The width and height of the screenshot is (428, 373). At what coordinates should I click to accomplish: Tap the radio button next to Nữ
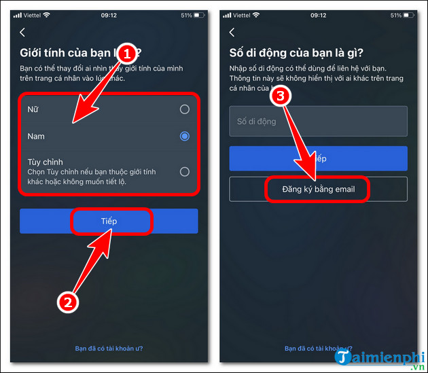[x=184, y=109]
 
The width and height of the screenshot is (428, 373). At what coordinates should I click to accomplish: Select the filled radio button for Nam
[x=184, y=137]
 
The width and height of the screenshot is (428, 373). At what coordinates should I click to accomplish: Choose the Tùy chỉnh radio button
[x=184, y=172]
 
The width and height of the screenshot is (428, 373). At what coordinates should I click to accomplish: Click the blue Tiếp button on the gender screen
[x=109, y=221]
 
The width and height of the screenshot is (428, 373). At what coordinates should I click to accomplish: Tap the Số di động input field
[x=318, y=122]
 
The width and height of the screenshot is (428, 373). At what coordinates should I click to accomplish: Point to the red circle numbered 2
[x=67, y=302]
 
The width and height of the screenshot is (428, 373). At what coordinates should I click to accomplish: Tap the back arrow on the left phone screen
[x=22, y=32]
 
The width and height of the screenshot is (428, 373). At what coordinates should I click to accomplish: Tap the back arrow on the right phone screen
[x=232, y=32]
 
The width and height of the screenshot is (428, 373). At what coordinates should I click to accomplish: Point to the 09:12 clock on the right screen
[x=318, y=15]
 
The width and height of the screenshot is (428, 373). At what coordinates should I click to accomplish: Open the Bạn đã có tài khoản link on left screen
[x=108, y=349]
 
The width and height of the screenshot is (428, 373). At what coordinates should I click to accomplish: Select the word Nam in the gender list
[x=36, y=137]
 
